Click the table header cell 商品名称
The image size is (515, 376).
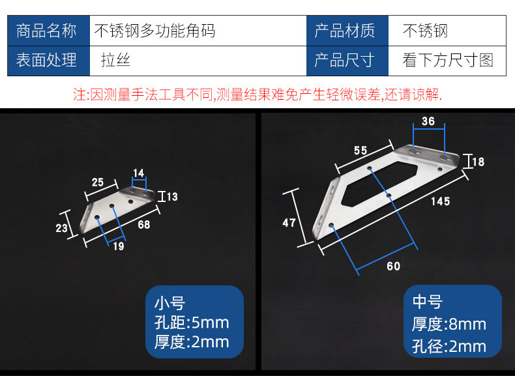click(x=46, y=31)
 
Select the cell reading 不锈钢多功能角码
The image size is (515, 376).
click(x=155, y=31)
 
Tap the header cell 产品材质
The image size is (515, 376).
click(x=344, y=31)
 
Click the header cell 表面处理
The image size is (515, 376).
click(x=46, y=61)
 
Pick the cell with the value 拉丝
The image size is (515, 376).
click(x=115, y=61)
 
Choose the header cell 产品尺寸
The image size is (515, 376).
click(x=344, y=61)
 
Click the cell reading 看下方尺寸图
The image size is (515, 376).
click(x=449, y=61)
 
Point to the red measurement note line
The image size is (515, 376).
click(x=257, y=95)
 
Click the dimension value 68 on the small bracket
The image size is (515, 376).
click(x=143, y=225)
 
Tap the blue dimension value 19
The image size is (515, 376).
click(x=118, y=246)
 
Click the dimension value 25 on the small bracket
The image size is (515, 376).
click(x=97, y=182)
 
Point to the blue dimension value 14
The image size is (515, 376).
click(x=138, y=173)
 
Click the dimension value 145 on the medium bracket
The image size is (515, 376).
click(x=440, y=202)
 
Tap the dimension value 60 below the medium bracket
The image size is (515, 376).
click(x=393, y=266)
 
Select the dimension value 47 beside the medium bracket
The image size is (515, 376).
click(x=289, y=223)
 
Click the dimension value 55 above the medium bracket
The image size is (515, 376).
click(x=360, y=151)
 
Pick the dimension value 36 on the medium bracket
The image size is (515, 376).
click(x=428, y=121)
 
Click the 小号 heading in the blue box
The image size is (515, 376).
click(x=169, y=303)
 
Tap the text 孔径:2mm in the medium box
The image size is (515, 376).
click(x=449, y=346)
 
